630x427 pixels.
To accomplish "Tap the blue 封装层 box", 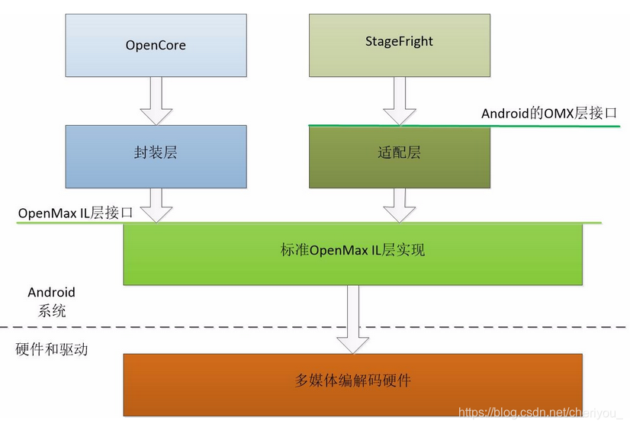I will (156, 156).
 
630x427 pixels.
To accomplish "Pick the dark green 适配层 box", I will (399, 156).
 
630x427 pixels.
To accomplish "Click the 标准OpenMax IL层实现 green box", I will (353, 253).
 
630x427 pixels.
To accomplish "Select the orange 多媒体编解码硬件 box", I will (353, 384).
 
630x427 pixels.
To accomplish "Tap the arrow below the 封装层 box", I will (156, 204).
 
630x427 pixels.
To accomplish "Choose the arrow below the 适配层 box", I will (399, 204).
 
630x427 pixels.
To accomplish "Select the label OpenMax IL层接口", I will (76, 213).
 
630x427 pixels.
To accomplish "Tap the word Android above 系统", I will (52, 292).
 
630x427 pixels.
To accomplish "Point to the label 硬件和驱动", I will (52, 350).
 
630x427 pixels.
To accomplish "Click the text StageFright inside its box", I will (399, 41).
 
